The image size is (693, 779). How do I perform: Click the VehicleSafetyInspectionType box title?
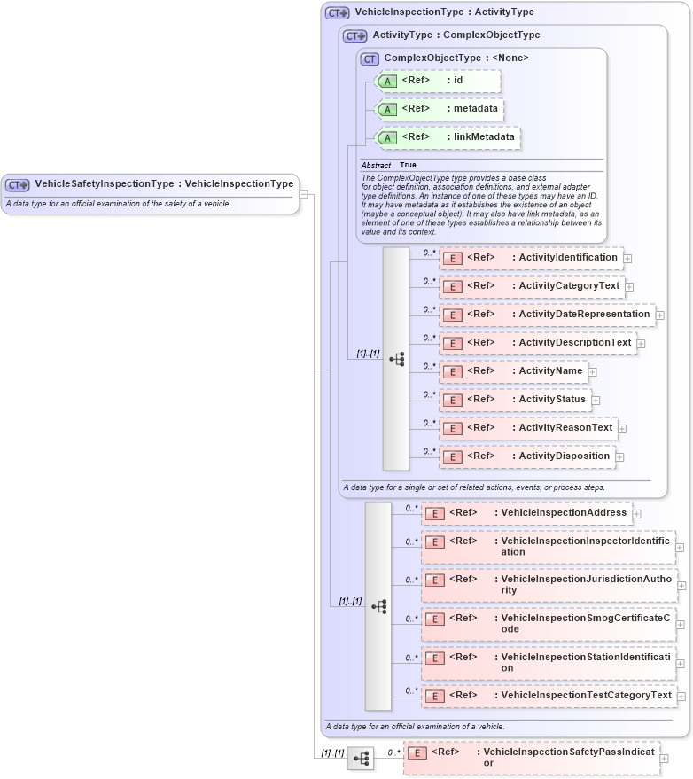(x=164, y=184)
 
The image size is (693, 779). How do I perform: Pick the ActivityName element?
(x=514, y=371)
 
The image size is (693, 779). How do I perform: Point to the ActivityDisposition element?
(x=528, y=456)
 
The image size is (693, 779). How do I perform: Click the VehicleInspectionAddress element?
(x=526, y=513)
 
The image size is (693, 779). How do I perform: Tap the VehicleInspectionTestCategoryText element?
(x=549, y=696)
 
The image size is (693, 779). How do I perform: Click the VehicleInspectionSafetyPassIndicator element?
(x=532, y=758)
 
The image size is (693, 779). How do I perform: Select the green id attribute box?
(x=439, y=81)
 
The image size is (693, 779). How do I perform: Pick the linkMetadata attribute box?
(x=448, y=137)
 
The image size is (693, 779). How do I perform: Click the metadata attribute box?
(x=440, y=109)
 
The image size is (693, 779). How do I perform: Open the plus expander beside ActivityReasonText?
(x=621, y=429)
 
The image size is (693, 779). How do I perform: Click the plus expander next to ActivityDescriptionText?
(x=641, y=344)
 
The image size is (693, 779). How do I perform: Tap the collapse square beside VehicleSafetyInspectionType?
(x=303, y=194)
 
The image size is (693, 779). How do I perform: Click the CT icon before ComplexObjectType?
(x=370, y=58)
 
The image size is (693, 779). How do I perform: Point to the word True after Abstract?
(x=408, y=166)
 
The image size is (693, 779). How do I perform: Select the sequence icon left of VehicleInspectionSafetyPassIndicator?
(x=361, y=759)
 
